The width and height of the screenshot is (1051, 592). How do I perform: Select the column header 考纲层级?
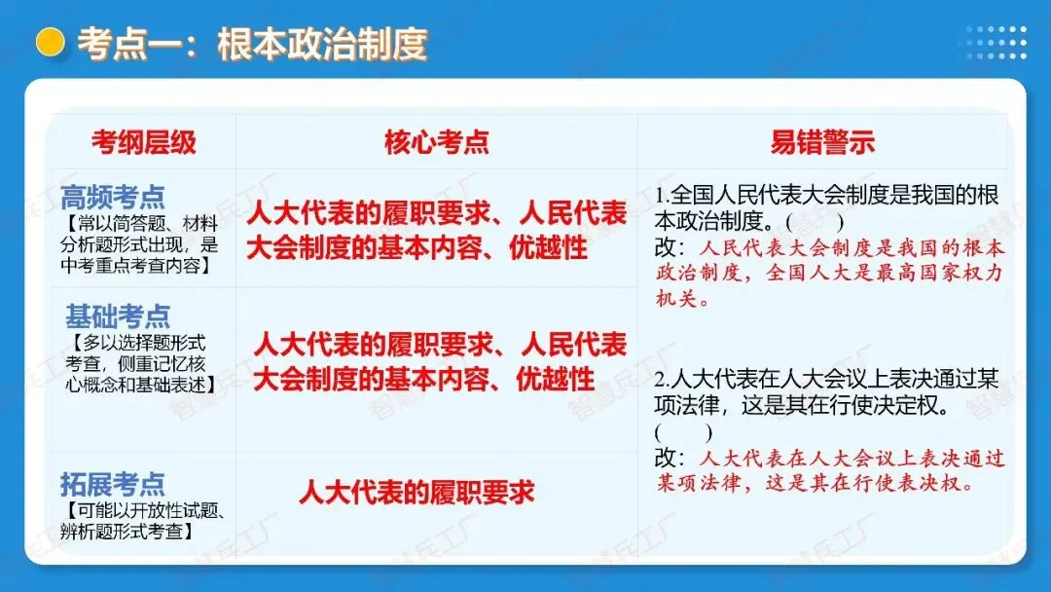(144, 142)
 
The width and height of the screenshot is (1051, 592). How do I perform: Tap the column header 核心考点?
(436, 142)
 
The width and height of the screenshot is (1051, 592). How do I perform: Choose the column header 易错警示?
(822, 142)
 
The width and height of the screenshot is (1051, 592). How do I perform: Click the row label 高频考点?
(113, 197)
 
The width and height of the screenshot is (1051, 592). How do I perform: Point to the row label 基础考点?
(118, 316)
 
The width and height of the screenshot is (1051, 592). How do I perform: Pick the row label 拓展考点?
(113, 484)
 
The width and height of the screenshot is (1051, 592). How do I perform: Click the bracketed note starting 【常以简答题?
(140, 243)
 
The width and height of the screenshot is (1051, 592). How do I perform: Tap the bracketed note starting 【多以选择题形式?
(141, 363)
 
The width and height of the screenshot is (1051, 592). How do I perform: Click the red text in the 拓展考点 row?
(417, 492)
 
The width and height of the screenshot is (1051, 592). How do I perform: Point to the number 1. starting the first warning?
(663, 195)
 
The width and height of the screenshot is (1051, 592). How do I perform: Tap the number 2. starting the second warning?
(663, 380)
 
